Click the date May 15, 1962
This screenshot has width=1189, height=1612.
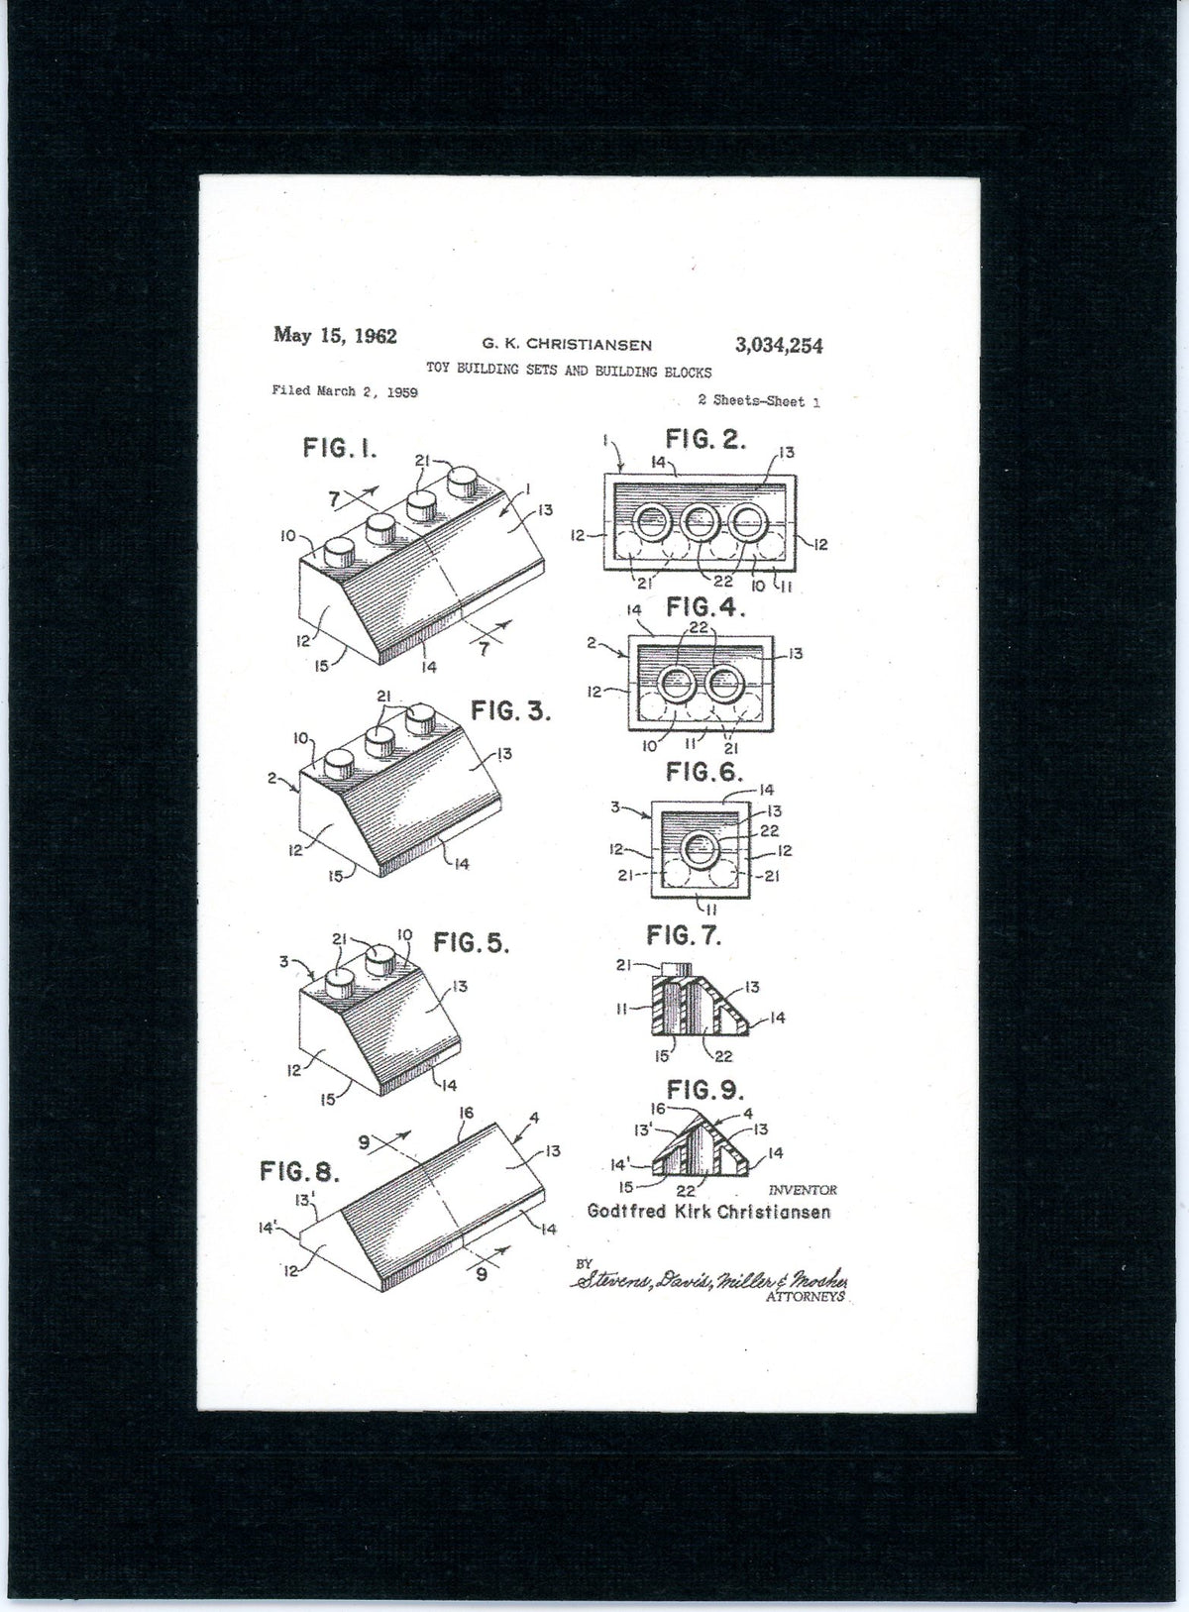[335, 336]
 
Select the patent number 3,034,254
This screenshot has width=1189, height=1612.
[778, 346]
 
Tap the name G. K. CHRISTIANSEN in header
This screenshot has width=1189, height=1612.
[567, 345]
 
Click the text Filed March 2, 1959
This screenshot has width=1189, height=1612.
[344, 391]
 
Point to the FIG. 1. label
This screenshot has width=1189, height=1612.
[340, 449]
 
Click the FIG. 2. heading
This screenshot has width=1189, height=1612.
[705, 439]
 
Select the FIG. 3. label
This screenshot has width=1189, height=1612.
[510, 711]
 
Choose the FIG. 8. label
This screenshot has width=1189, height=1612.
[299, 1172]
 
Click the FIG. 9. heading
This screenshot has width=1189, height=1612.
[704, 1091]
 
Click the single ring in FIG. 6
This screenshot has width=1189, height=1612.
[702, 848]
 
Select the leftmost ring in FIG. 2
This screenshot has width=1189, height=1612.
[652, 520]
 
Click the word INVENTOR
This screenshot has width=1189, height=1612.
[803, 1190]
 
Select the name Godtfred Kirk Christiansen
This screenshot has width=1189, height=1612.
[708, 1212]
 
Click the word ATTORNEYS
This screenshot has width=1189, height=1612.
[805, 1296]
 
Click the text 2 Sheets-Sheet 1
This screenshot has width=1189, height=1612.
[758, 401]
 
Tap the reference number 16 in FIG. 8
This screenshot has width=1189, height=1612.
[467, 1114]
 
